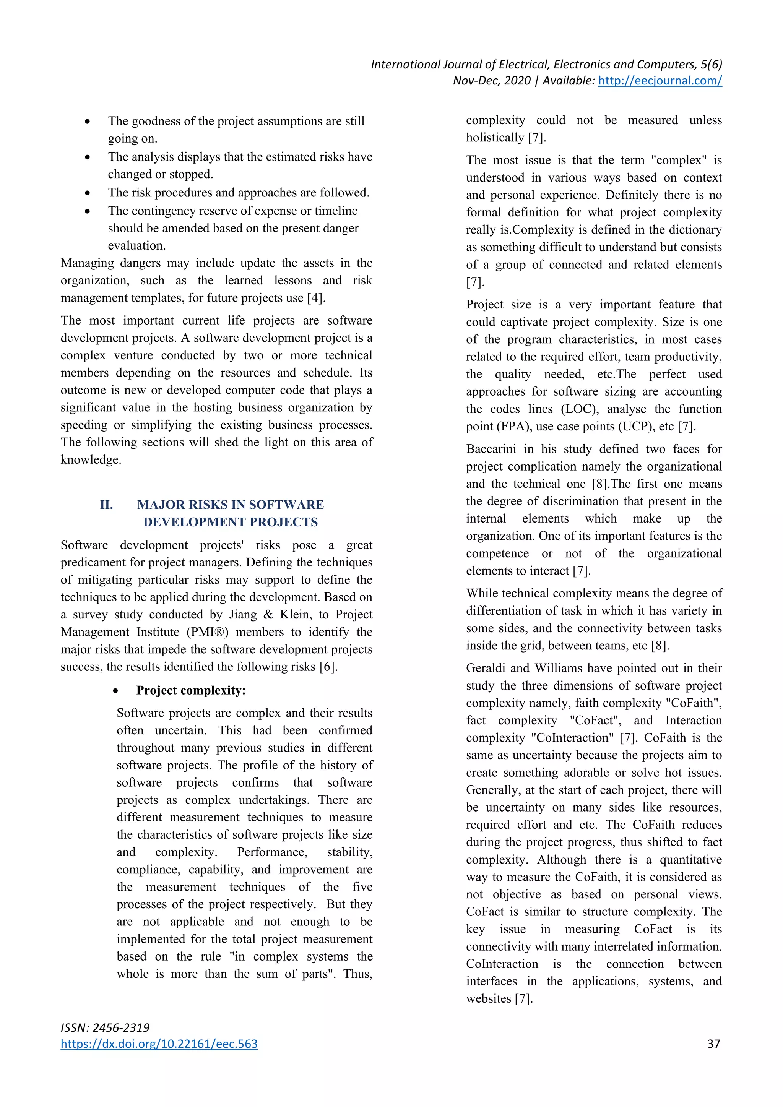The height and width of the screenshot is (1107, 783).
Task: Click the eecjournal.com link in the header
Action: point(660,81)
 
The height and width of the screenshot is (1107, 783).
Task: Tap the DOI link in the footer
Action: point(159,1044)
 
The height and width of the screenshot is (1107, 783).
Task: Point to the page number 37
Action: point(713,1044)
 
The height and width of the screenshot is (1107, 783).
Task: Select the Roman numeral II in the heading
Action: point(107,505)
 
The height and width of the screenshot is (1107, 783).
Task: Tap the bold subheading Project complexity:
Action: point(191,690)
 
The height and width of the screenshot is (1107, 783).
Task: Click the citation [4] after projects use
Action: point(316,298)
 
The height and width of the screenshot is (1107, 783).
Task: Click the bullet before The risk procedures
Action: point(87,193)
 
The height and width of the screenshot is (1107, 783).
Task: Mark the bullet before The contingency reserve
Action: point(87,211)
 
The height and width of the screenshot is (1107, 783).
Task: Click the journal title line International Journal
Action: point(546,65)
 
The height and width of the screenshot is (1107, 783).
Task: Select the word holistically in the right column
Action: point(495,138)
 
